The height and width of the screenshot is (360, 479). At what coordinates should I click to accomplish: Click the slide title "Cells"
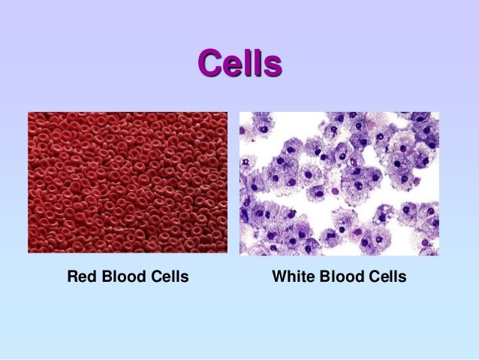click(239, 65)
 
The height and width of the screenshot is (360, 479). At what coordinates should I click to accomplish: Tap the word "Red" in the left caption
click(80, 277)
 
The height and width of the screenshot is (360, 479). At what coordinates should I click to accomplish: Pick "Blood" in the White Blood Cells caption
click(340, 277)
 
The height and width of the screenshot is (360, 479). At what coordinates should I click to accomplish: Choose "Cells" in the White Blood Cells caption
click(385, 277)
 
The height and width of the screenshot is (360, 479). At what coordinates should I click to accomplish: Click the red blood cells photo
click(128, 182)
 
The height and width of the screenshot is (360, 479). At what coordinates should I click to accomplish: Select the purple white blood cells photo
click(339, 183)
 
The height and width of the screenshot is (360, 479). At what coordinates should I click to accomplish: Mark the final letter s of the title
click(274, 67)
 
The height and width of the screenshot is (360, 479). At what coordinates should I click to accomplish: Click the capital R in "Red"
click(72, 277)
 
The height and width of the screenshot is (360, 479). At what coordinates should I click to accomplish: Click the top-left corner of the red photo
click(29, 113)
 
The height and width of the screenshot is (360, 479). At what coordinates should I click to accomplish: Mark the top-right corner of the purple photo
click(438, 113)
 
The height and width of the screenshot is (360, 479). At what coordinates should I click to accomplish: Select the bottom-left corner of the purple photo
click(240, 255)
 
